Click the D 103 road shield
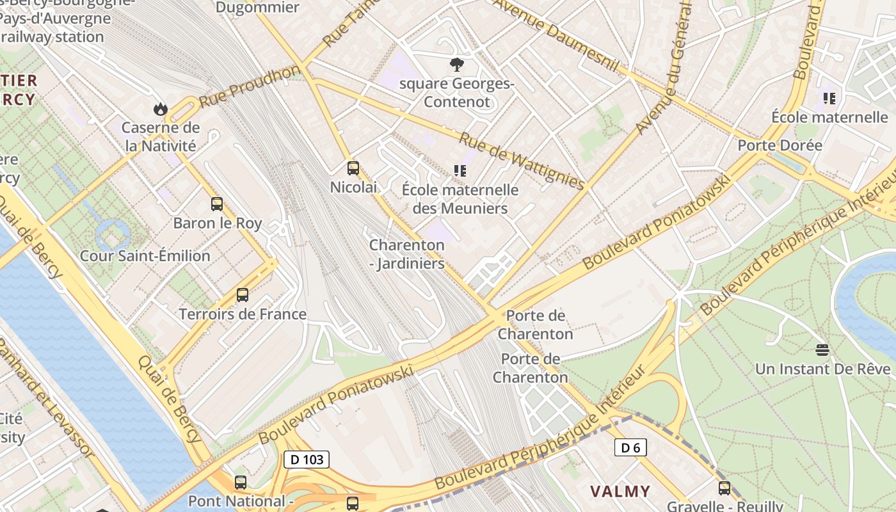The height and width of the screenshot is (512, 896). coord(306,459)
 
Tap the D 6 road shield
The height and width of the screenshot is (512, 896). coord(630,447)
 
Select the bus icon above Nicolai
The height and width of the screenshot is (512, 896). coord(353,168)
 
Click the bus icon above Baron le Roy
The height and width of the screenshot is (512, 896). coord(217,204)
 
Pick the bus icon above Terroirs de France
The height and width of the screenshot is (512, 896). coord(242,295)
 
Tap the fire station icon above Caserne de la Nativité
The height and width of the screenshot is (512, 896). coord(161,109)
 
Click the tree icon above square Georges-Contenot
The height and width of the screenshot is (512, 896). coord(456,65)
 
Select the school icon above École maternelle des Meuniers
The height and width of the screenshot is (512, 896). coord(460,171)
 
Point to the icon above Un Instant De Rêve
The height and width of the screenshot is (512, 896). coord(822,350)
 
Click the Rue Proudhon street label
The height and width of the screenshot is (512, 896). coord(249,86)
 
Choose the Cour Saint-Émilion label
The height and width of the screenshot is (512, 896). coord(145,256)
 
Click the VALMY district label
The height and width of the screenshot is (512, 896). coord(620,492)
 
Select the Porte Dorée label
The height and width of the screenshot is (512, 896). coord(780,145)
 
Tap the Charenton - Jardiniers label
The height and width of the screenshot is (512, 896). coord(407,254)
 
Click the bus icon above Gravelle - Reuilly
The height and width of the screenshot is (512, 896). coord(724,488)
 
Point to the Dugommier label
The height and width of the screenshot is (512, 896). coord(257,8)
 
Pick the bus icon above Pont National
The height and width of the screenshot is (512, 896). coord(241,483)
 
